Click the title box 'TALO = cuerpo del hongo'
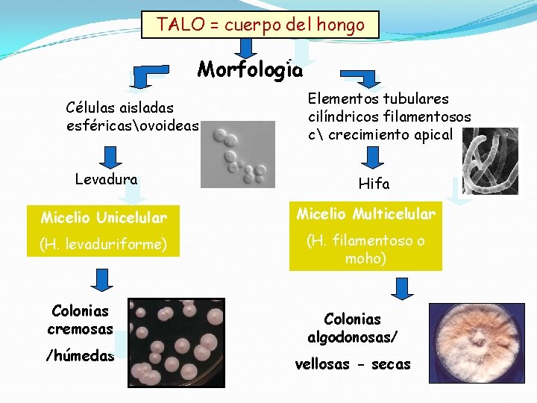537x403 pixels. (x=260, y=25)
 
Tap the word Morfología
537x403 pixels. (x=250, y=70)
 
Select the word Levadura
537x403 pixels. (x=106, y=179)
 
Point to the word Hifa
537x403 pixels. (x=374, y=184)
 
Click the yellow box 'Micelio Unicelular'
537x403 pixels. (x=104, y=218)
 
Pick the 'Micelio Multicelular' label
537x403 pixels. (x=365, y=215)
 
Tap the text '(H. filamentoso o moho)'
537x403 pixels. (x=365, y=249)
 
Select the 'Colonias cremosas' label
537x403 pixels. (x=80, y=320)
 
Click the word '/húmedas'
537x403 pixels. (x=80, y=356)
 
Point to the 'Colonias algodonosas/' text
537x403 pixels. (x=353, y=328)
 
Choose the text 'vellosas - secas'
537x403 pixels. (x=353, y=364)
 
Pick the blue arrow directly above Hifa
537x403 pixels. (x=374, y=157)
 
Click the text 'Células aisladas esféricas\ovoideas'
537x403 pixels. (x=132, y=118)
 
